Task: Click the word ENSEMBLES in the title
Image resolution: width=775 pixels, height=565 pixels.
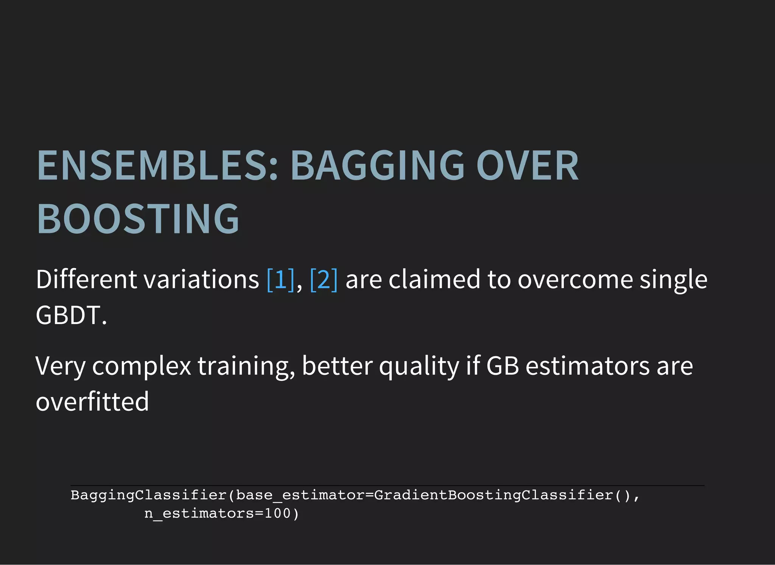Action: coord(157,166)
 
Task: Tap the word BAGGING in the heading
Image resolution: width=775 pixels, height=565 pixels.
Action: coord(377,166)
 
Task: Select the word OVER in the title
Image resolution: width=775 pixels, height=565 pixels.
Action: coord(527,166)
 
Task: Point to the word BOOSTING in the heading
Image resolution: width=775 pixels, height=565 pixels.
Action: coord(138,219)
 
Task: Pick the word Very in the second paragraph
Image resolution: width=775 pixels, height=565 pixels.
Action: coord(60,366)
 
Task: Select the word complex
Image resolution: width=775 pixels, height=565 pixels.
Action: coord(142,366)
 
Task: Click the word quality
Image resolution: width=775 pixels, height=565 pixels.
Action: coord(419,366)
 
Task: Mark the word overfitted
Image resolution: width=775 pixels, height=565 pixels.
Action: coord(92,402)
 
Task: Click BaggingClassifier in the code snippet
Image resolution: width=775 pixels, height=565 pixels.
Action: coord(148,495)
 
